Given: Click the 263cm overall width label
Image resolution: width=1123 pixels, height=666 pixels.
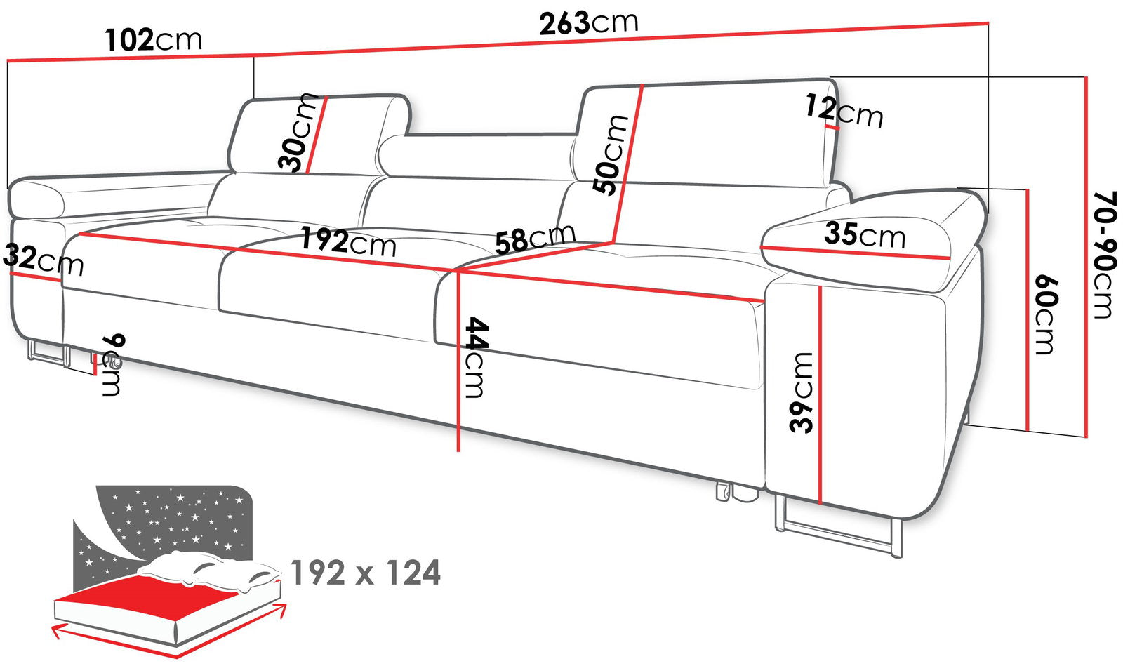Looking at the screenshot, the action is coord(589,23).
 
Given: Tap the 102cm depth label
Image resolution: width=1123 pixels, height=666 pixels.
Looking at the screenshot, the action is coord(154,40).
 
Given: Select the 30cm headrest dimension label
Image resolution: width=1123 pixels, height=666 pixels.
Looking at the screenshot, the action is coord(298,133).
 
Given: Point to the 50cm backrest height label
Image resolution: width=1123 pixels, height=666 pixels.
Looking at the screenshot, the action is coord(610,155).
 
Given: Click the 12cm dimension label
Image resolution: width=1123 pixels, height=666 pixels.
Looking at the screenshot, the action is coord(844,112).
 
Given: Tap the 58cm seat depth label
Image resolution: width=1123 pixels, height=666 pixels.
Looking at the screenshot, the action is coord(536,238).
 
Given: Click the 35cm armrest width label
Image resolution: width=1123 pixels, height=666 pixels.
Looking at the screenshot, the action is coord(865,235).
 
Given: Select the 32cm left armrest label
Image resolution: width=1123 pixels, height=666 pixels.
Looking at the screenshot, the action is coord(42,260).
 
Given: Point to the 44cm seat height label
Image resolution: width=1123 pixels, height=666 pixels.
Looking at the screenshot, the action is coord(474,358).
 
